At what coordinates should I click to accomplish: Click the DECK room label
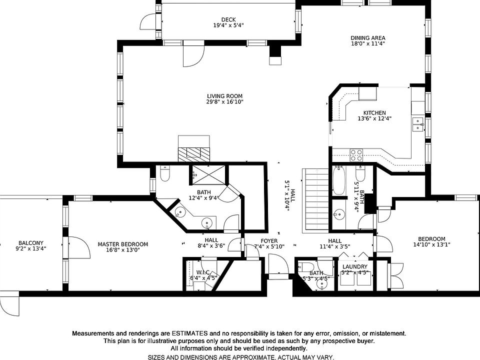pos(228,20)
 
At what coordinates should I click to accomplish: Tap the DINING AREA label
pos(367,38)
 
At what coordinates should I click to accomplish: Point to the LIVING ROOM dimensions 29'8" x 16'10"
pos(224,101)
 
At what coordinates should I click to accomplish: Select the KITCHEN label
pos(374,113)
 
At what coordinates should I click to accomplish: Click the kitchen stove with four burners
pos(356,155)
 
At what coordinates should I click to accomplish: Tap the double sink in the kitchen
pos(418,124)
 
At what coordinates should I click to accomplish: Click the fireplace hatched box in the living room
pos(194,154)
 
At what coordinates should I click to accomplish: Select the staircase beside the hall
pos(315,199)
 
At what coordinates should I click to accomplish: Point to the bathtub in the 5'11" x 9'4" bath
pos(339,180)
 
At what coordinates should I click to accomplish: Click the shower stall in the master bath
pos(208,175)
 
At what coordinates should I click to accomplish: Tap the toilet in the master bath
pos(165,174)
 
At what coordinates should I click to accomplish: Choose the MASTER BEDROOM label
pos(123,244)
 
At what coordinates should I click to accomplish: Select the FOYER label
pos(269,241)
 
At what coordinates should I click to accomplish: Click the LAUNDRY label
pos(355,266)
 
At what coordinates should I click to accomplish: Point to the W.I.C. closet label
pos(203,272)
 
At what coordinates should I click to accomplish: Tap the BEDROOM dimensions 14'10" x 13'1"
pos(431,244)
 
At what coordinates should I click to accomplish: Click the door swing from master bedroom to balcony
pos(79,247)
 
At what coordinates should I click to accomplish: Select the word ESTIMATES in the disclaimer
pos(189,333)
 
